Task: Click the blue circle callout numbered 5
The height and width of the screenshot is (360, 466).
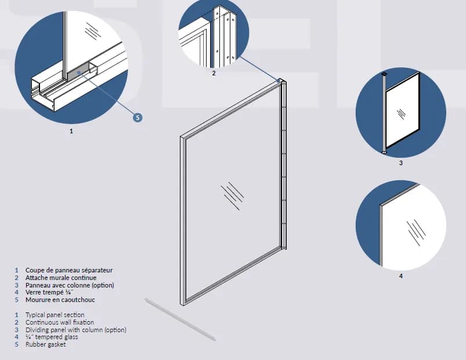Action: click(x=138, y=118)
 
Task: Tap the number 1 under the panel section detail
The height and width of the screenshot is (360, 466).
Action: click(x=71, y=131)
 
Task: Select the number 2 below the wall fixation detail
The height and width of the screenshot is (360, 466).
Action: click(x=214, y=73)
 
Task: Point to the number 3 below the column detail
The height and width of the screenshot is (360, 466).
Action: click(x=400, y=163)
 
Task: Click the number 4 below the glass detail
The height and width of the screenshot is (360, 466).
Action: click(x=400, y=276)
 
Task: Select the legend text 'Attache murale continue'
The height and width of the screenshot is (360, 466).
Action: click(x=61, y=278)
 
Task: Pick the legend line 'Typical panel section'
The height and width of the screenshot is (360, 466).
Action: click(x=55, y=315)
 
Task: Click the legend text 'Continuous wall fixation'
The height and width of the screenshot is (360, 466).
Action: click(x=60, y=322)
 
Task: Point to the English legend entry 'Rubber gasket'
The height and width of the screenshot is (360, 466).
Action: click(x=46, y=344)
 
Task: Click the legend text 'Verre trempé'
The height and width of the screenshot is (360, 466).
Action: click(x=45, y=293)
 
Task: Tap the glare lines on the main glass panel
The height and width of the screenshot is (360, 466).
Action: click(x=232, y=196)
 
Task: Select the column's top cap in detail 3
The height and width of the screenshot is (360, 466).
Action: click(x=384, y=72)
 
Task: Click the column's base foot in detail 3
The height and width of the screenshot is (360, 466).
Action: click(x=384, y=152)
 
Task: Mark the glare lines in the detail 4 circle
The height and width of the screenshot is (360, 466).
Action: click(x=416, y=232)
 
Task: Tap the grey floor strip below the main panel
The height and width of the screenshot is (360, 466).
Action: click(x=180, y=319)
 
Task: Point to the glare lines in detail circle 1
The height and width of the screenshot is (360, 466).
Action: click(x=93, y=30)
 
